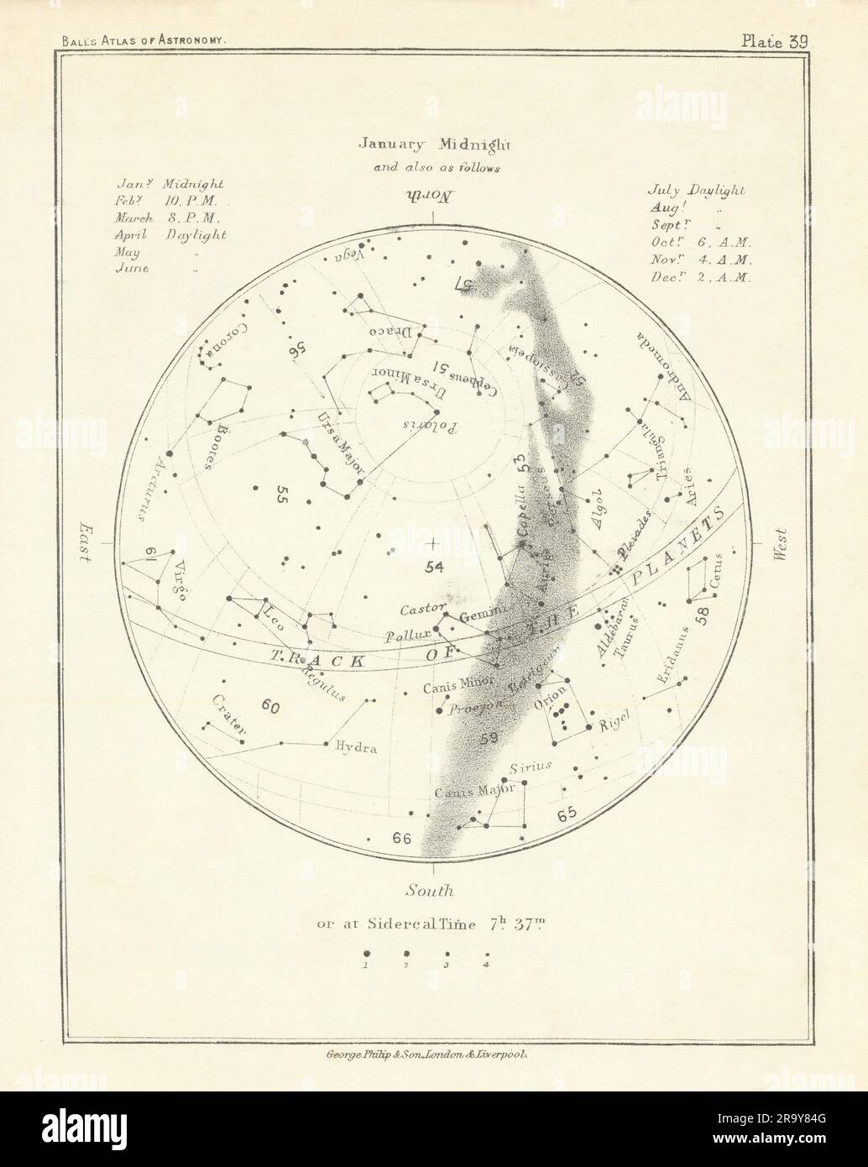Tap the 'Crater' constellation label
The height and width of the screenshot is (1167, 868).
coord(227,716)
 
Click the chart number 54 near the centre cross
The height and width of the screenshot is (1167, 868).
coord(433,568)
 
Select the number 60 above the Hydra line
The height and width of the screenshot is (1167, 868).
coord(269,707)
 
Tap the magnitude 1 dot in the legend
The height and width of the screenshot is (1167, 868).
coord(367,954)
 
